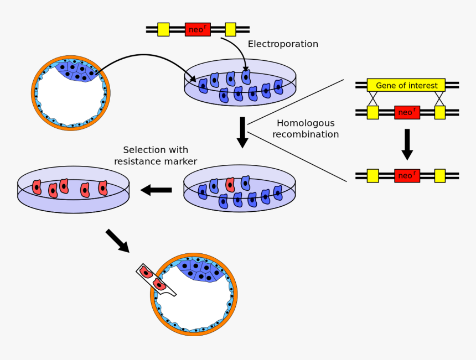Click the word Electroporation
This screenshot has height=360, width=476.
coord(283,44)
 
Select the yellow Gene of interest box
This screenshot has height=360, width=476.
coord(406,85)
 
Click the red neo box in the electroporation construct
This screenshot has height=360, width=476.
coord(198,29)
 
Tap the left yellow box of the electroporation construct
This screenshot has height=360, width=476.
coord(163,29)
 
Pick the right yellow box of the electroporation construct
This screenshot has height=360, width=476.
coord(230,29)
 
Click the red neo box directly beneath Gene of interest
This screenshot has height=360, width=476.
coord(407,112)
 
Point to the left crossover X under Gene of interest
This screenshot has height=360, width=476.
coord(373,98)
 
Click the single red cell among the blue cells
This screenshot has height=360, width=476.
coord(230,185)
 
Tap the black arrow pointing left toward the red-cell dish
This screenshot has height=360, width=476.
coord(156,190)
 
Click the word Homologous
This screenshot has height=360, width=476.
coord(306,123)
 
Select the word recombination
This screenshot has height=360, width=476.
coord(306,134)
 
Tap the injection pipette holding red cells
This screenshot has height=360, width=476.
coord(155,279)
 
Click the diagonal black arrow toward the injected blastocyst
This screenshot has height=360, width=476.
coord(117,241)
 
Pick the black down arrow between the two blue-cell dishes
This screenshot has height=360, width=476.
coord(242,132)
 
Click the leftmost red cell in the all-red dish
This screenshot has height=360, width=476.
coord(37,187)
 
